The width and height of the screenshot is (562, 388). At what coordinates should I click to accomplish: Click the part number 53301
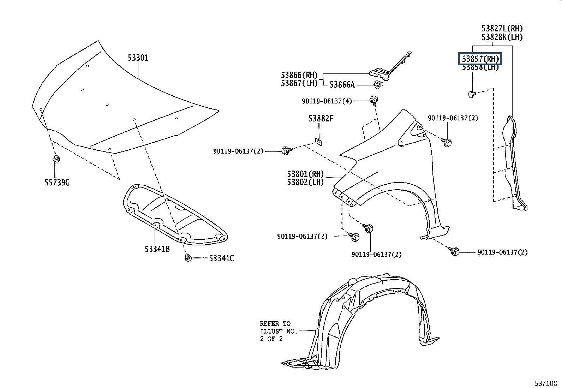[x=138, y=58]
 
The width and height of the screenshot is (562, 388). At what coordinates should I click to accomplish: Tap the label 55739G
[x=57, y=183]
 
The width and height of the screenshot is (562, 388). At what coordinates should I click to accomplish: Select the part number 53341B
[x=157, y=249]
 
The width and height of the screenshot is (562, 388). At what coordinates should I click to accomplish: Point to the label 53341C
[x=221, y=258]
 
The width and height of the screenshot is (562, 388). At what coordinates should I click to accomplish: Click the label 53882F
[x=321, y=119]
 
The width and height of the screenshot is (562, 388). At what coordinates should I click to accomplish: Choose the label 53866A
[x=342, y=85]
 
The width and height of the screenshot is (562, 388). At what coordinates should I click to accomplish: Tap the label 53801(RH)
[x=305, y=174]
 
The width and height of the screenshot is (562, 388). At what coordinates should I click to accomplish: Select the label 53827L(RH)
[x=502, y=29]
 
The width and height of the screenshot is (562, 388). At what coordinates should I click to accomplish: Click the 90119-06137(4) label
[x=327, y=101]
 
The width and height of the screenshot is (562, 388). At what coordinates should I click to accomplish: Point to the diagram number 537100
[x=545, y=383]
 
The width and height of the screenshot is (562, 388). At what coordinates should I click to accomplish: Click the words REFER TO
[x=275, y=323]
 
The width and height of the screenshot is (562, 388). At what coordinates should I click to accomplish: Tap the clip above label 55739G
[x=56, y=158]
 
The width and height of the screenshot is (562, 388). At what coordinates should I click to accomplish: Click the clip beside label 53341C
[x=188, y=258]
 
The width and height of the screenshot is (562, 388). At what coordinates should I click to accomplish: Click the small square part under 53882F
[x=319, y=142]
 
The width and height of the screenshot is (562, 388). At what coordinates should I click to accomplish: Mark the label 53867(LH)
[x=299, y=83]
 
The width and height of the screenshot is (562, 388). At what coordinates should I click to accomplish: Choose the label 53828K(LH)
[x=502, y=37]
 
